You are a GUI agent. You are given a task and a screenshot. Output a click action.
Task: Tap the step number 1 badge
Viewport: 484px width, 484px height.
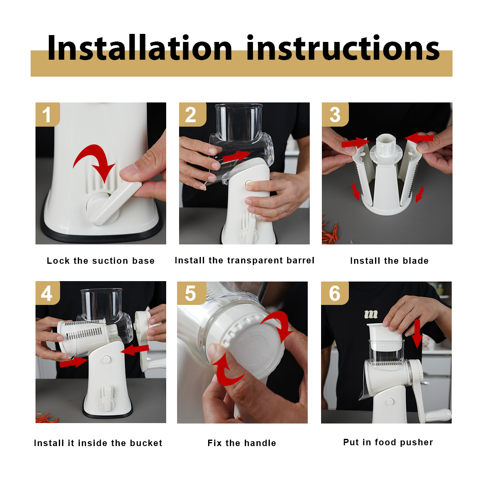coord(48,115)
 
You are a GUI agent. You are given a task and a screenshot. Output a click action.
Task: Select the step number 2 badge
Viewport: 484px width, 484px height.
coord(192,115)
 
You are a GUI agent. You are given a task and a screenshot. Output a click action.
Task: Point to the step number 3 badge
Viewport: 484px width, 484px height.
coord(335,115)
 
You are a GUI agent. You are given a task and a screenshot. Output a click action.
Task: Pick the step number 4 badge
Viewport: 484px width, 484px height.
coord(48,293)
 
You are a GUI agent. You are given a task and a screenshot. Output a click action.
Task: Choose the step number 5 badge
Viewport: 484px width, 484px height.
coord(192,293)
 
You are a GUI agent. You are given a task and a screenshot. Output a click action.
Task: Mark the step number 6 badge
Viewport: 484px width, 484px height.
coord(334,293)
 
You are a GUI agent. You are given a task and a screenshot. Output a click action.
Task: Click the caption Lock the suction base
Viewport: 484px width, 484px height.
coord(101,261)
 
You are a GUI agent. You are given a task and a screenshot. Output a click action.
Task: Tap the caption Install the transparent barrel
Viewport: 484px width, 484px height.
coord(244,261)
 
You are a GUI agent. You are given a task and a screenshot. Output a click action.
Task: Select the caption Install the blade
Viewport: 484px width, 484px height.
coord(389,261)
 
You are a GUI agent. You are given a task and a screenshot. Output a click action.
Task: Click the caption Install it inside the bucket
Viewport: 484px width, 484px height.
coord(98,443)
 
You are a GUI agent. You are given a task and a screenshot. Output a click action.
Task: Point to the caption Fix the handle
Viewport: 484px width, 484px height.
coord(242,443)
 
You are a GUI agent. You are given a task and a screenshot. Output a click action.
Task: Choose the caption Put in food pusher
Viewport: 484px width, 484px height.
coord(388,442)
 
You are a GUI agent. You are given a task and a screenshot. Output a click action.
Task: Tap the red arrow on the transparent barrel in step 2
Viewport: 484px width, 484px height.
coord(237,156)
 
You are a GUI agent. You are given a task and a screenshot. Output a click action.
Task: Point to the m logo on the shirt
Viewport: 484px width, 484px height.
coord(371,314)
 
